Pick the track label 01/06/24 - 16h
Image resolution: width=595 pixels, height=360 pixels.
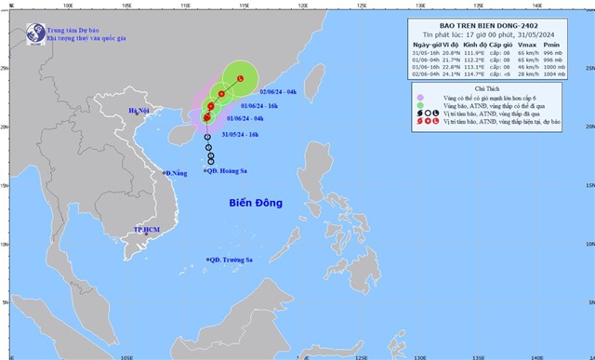[x=259, y=106]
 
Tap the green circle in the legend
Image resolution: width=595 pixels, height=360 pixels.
[x=422, y=104]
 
